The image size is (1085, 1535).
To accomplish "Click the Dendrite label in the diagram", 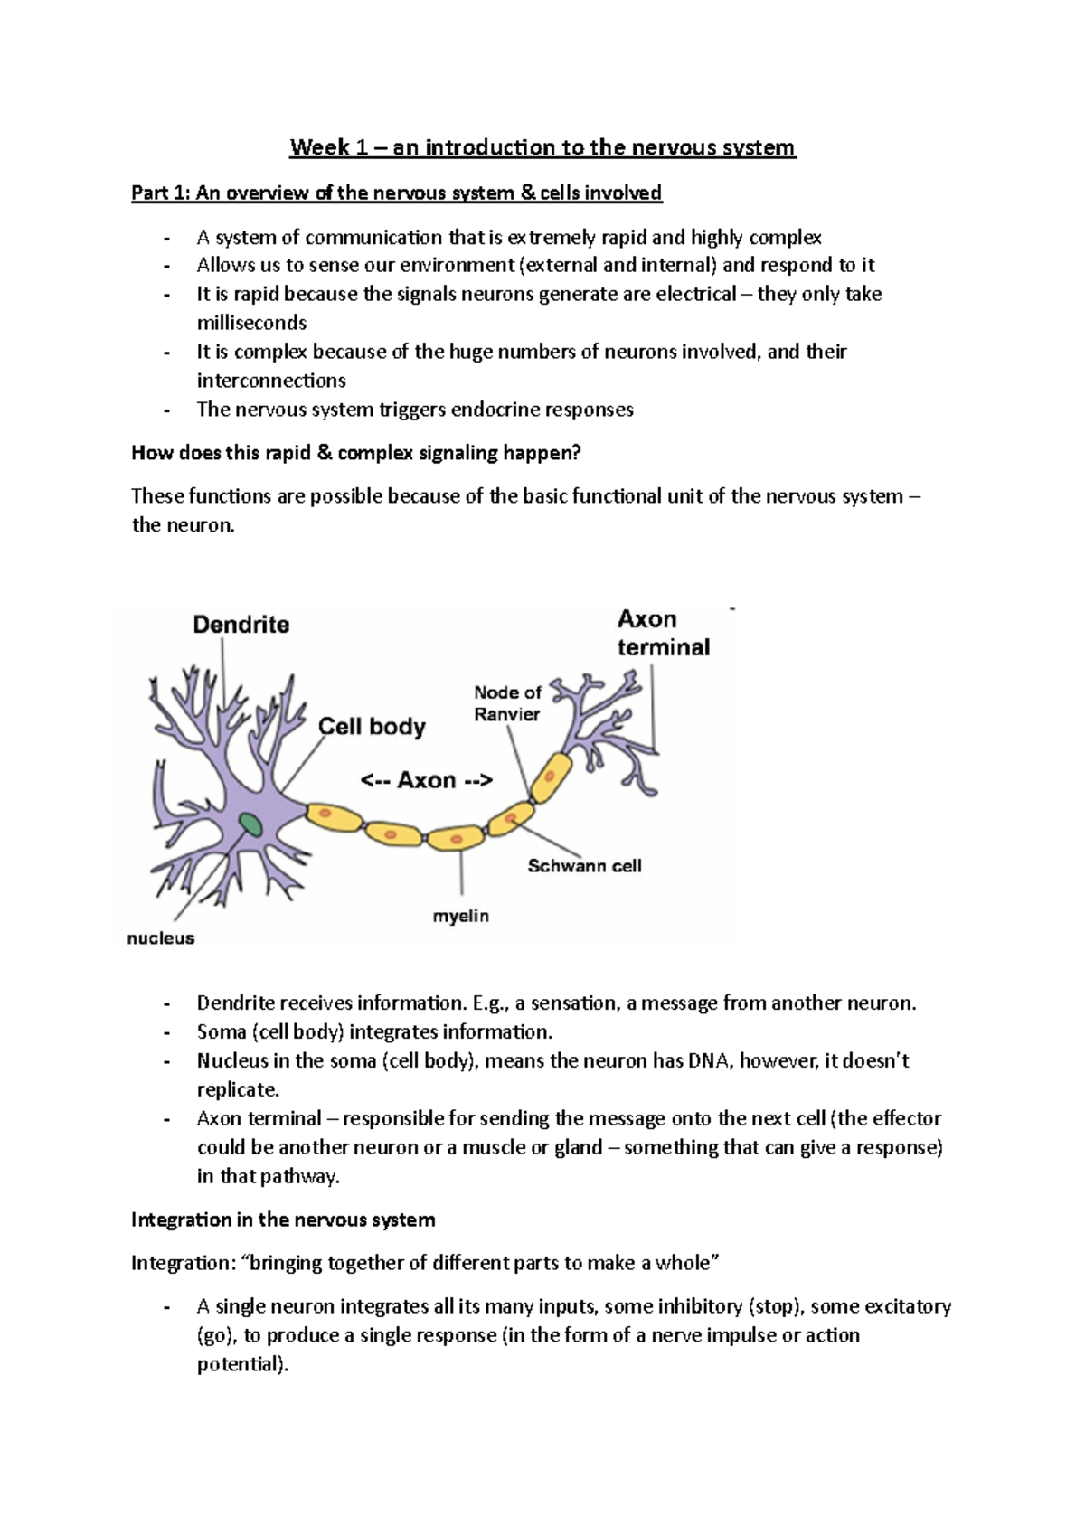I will pos(241,625).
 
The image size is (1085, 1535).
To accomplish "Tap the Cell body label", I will pos(372,727).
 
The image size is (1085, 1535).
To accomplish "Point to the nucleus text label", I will pos(161,938).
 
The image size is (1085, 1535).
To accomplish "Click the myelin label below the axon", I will pos(460,916).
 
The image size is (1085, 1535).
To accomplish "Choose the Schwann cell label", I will pos(584,866).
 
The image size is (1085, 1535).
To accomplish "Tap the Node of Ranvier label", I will pos(507,703).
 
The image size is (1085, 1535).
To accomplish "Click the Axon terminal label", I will pos(663,633).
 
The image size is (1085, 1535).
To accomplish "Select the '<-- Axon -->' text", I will pos(427,780).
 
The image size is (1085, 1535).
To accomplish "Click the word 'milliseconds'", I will pos(251,323).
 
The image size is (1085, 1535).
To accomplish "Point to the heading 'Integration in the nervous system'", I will pos(283,1220).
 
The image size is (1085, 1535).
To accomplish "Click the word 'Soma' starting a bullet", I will pos(222,1031).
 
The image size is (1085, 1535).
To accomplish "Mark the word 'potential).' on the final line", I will pos(242,1364).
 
